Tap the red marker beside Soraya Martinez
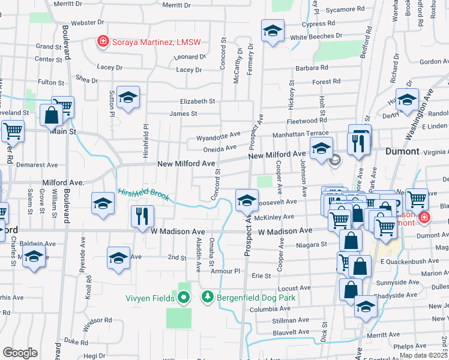[x=103, y=41]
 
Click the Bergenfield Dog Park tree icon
[x=207, y=296]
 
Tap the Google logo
[x=20, y=353]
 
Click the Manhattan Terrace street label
[x=300, y=134]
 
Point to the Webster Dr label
[x=88, y=22]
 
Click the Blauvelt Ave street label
[x=290, y=331]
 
